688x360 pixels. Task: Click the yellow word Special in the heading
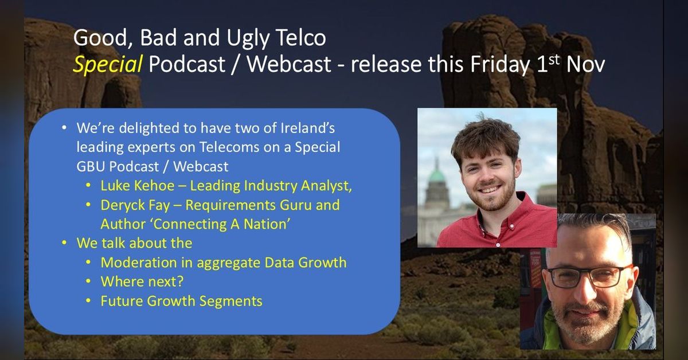click(107, 65)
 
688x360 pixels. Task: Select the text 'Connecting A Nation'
click(194, 224)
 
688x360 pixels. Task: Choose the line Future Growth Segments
click(181, 300)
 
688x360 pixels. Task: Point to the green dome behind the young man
click(437, 175)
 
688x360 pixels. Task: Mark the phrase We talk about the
click(134, 243)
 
